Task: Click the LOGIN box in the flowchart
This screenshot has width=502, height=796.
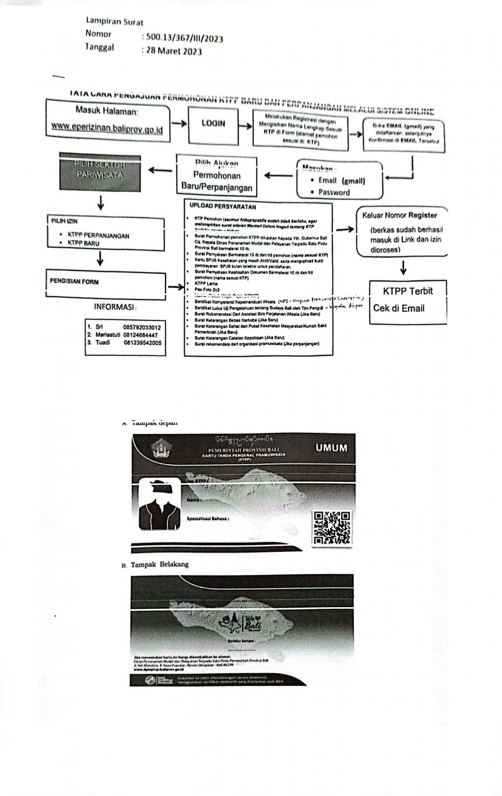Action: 213,124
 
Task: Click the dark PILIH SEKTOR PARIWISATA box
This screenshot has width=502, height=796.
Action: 100,173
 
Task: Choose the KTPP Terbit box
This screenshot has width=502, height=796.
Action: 408,291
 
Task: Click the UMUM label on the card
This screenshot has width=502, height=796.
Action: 331,448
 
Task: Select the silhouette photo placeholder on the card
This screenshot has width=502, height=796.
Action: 159,503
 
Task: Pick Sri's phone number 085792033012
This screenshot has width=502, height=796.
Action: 142,327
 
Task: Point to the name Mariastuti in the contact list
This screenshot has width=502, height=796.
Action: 108,335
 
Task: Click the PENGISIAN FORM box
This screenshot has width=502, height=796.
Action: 74,282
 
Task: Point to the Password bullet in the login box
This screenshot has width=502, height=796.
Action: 334,192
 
